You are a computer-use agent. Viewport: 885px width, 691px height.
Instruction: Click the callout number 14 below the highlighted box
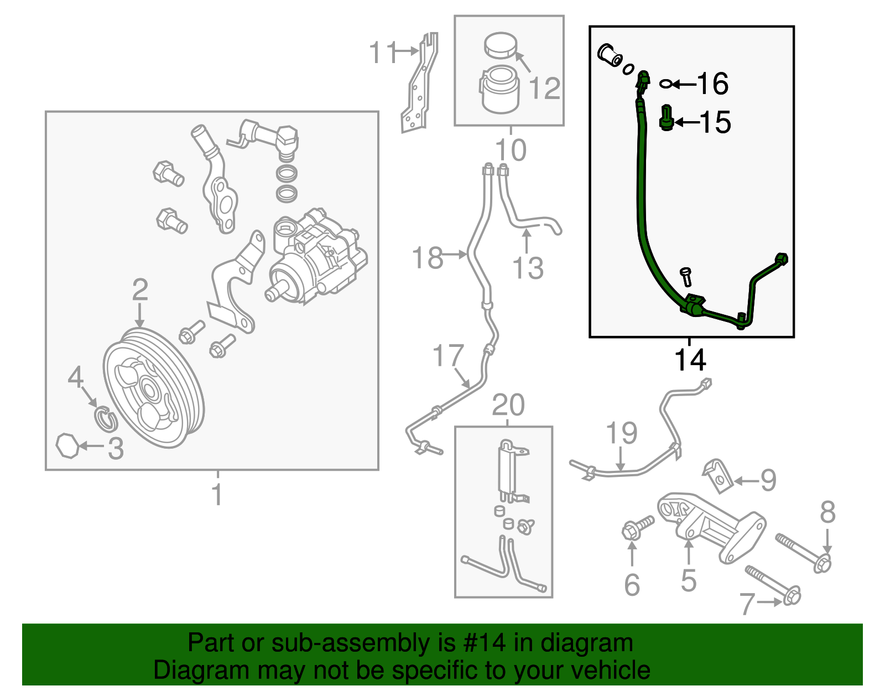click(690, 360)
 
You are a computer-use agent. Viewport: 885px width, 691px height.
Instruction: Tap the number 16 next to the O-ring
click(712, 84)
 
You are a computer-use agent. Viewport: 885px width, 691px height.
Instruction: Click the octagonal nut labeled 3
click(69, 445)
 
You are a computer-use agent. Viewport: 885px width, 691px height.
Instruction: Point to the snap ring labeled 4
click(105, 418)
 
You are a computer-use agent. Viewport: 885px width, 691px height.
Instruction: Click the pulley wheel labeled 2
click(153, 387)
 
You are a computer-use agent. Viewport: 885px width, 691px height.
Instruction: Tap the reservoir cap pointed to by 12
click(500, 45)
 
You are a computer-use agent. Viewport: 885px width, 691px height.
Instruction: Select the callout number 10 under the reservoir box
click(510, 150)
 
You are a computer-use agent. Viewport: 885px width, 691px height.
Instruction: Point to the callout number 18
click(427, 258)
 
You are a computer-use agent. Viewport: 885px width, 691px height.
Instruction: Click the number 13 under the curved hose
click(528, 268)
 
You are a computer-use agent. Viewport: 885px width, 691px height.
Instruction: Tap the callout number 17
click(447, 355)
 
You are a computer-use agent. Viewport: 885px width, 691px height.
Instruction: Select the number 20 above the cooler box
click(508, 405)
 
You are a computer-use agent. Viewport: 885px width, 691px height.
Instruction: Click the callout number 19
click(621, 433)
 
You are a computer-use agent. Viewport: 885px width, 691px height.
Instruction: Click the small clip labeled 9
click(717, 475)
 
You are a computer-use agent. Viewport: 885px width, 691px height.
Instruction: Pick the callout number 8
click(827, 512)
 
